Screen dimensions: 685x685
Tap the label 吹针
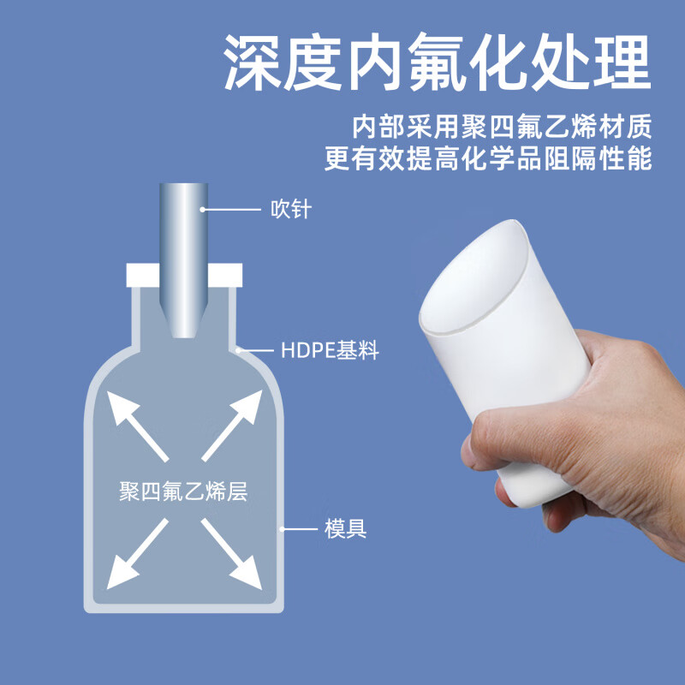[x=291, y=208]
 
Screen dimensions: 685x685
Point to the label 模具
[x=346, y=528]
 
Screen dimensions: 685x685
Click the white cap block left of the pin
[x=142, y=275]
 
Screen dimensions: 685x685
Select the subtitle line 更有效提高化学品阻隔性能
[x=488, y=159]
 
